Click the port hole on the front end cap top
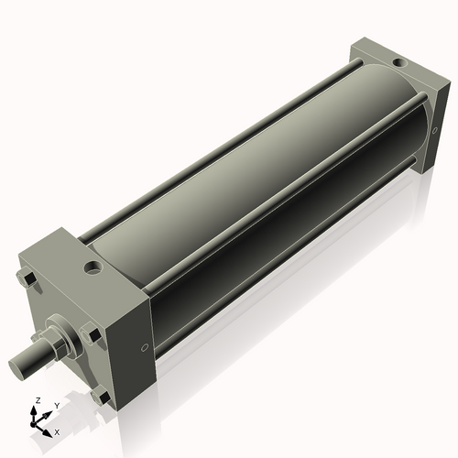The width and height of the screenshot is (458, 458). (x=93, y=269)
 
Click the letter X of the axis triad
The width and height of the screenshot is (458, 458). (x=57, y=431)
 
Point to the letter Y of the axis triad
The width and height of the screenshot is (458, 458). (x=56, y=404)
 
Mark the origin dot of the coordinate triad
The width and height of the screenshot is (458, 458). (x=37, y=424)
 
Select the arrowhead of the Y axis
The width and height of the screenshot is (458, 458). (x=49, y=411)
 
